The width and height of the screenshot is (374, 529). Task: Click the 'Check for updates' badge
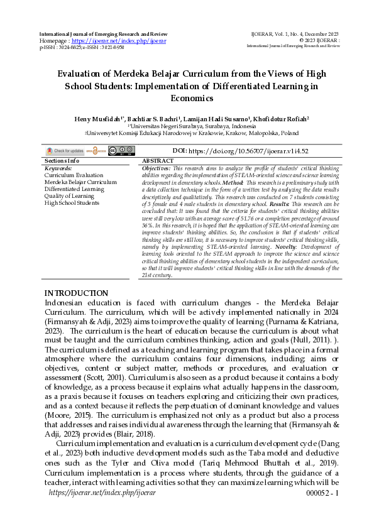tap(65, 151)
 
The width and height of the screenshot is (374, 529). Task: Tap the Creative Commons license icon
tap(121, 151)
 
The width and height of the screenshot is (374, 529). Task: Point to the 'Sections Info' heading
tap(62, 161)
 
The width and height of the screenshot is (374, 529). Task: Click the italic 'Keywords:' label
tap(58, 168)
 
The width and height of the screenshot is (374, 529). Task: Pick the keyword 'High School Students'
tap(72, 203)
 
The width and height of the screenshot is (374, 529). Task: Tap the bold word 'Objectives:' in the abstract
tap(157, 169)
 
